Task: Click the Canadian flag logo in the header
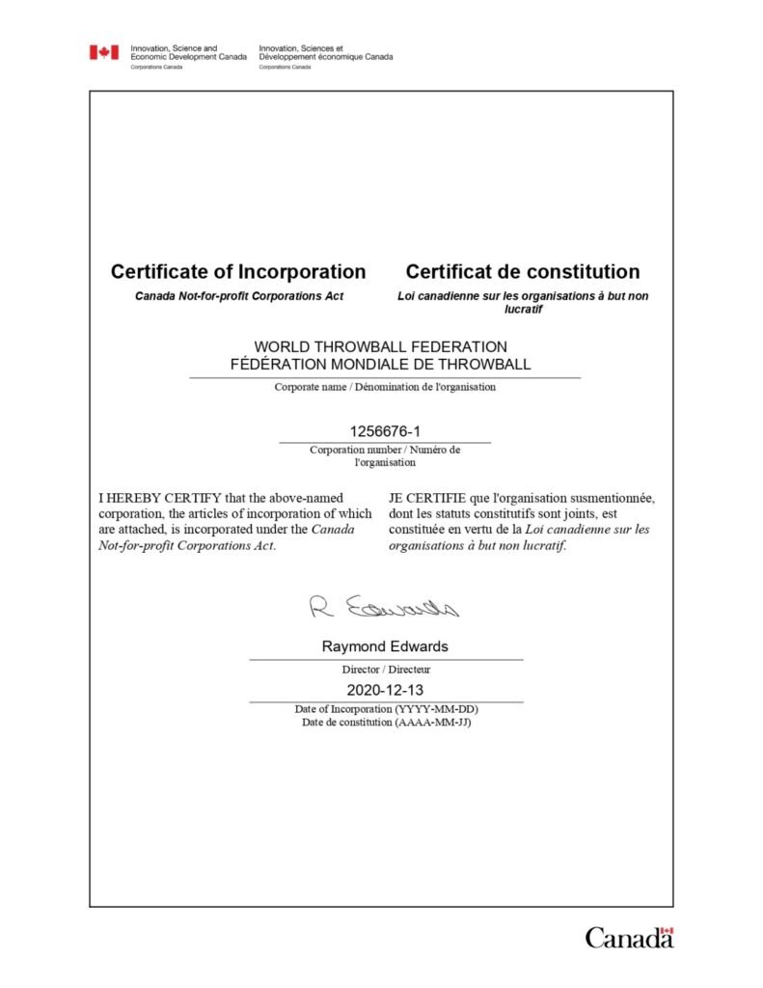[x=104, y=52]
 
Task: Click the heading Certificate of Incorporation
[x=238, y=272]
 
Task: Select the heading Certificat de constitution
[x=523, y=272]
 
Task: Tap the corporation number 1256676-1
[x=385, y=431]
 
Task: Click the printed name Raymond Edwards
[x=385, y=646]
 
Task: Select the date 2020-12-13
[x=385, y=690]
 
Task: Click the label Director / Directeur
[x=385, y=669]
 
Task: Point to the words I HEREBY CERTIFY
[x=160, y=499]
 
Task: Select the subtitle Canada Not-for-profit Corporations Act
[x=239, y=296]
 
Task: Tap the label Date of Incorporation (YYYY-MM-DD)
[x=385, y=709]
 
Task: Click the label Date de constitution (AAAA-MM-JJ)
[x=385, y=722]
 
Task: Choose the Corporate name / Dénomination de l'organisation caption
[x=385, y=387]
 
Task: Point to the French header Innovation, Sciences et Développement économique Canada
[x=326, y=52]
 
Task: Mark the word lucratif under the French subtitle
[x=523, y=310]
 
